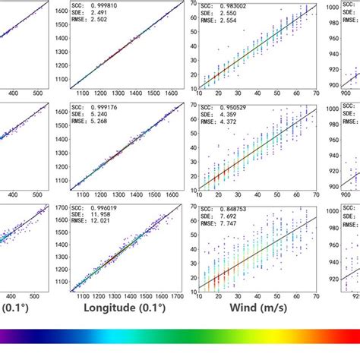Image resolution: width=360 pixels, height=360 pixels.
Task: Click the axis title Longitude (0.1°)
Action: pyautogui.click(x=122, y=308)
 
